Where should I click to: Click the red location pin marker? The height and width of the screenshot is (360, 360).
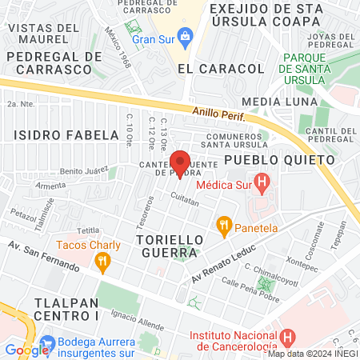click(180, 163)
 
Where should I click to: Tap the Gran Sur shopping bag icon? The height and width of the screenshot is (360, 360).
click(186, 36)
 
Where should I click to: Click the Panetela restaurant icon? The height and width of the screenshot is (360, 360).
click(224, 227)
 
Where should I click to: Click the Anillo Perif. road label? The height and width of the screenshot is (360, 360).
click(218, 114)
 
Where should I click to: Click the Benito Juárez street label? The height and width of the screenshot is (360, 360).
click(83, 171)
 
